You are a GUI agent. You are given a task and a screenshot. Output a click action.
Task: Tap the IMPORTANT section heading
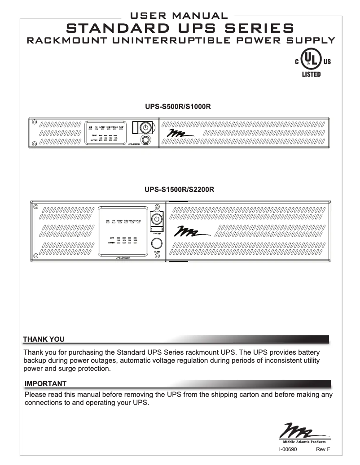pos(45,383)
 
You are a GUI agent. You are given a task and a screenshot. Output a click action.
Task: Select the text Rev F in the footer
pos(323,448)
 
